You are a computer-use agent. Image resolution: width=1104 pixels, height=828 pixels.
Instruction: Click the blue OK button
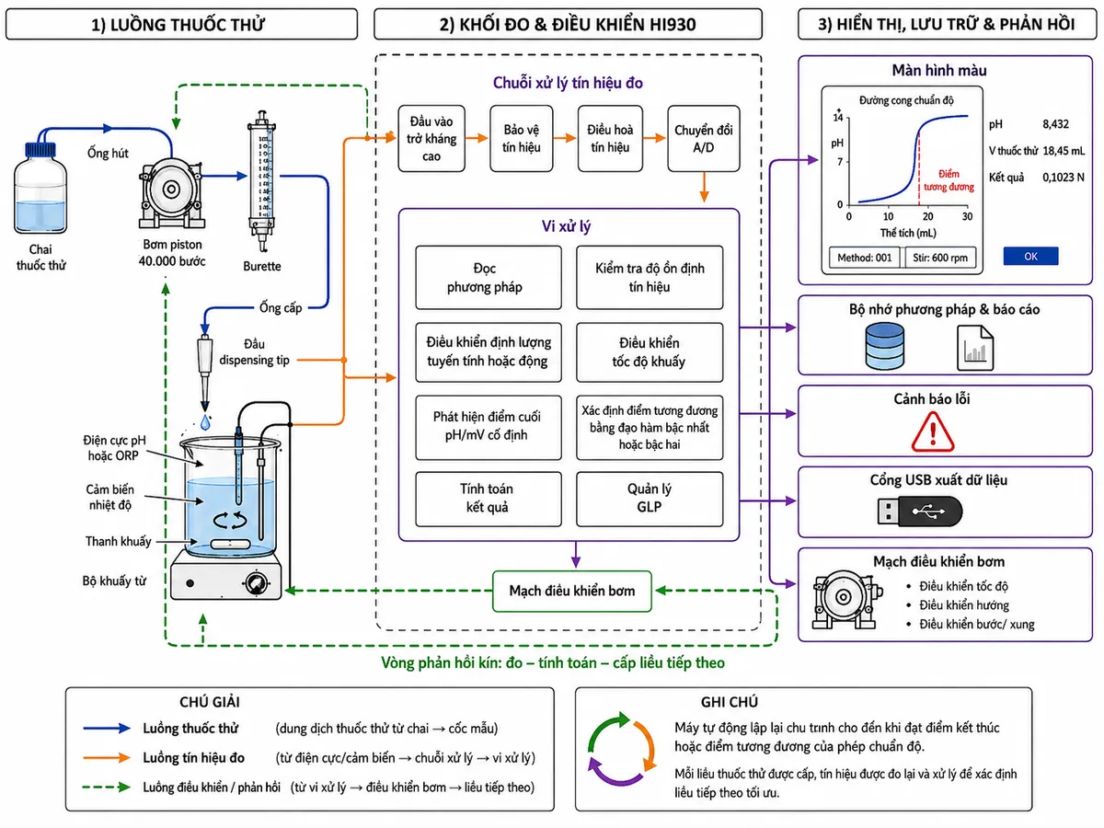pos(1029,256)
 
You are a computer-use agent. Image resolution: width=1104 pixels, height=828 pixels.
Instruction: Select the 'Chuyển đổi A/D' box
pos(703,138)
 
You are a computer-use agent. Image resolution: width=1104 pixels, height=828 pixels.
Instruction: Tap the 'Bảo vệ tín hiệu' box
pos(521,138)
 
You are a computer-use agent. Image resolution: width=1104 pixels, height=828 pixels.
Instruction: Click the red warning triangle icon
pos(932,431)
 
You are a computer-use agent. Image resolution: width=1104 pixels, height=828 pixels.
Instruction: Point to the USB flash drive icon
pos(919,511)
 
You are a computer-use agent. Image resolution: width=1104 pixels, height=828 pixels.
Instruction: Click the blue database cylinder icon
pos(884,347)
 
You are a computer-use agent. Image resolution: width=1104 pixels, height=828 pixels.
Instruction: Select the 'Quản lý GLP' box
pos(649,499)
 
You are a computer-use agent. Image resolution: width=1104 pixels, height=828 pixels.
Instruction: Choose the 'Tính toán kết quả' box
pos(488,499)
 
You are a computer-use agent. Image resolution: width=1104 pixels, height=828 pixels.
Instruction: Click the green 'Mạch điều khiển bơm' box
pos(571,591)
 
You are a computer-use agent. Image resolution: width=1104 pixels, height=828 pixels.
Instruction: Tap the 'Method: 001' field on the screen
pos(864,258)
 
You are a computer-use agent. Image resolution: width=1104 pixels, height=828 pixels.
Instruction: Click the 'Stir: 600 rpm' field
pos(939,258)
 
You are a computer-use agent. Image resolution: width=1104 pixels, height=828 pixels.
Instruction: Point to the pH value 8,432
pos(1054,124)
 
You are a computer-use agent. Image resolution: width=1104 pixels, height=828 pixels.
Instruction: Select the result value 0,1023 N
pos(1063,178)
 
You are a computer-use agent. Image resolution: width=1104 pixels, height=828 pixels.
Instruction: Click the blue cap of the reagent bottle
pos(40,148)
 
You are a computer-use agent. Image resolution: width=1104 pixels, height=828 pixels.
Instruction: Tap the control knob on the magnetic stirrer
pos(256,582)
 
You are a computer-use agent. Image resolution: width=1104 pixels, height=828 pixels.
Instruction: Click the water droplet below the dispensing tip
pos(205,422)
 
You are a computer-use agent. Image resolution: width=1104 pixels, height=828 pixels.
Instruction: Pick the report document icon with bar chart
pos(974,348)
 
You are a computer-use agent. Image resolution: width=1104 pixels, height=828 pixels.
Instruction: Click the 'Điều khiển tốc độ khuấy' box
pos(649,352)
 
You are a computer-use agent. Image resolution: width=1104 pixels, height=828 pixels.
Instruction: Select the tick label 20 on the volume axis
pos(927,217)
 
